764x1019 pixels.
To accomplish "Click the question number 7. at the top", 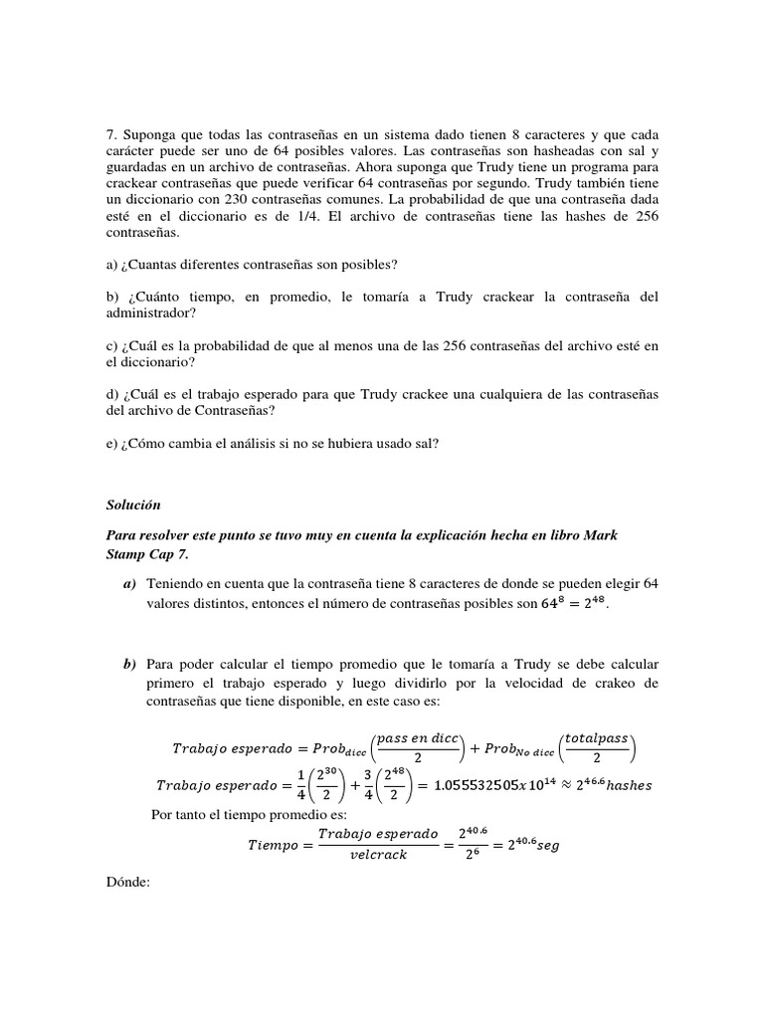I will (x=111, y=134).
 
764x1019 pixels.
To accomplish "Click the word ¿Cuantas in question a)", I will (x=150, y=264).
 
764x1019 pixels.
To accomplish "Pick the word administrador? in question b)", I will (x=150, y=313).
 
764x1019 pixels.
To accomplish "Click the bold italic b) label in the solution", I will (x=129, y=664).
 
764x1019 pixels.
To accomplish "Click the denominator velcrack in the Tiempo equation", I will (x=378, y=854).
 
